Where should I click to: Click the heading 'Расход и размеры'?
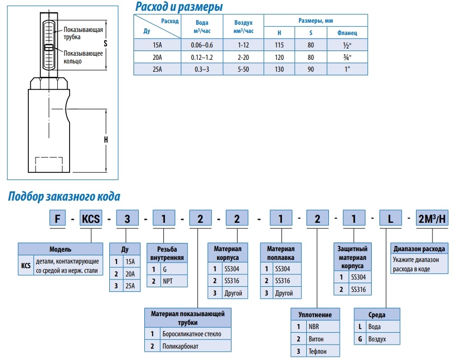click(179, 7)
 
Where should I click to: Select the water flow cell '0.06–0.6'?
click(202, 45)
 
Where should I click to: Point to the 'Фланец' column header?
click(347, 32)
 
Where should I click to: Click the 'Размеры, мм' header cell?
click(315, 21)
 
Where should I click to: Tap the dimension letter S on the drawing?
click(105, 44)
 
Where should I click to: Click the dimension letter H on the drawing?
click(105, 139)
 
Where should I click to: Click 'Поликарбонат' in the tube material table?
click(180, 347)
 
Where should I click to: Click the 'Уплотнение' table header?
click(315, 314)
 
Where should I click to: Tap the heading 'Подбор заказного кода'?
click(64, 197)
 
